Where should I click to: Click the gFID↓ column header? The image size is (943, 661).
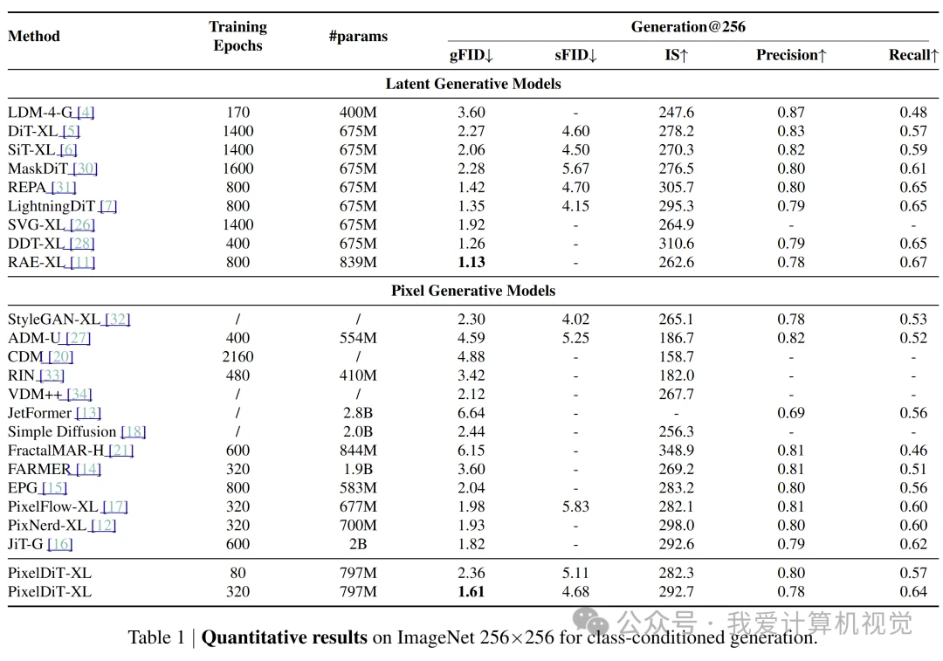coord(471,55)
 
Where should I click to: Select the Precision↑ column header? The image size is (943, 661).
coord(791,55)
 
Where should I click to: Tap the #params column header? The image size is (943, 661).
coord(358,36)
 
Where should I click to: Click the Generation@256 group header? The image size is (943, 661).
coord(688,26)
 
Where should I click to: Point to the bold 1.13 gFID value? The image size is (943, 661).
coord(471,262)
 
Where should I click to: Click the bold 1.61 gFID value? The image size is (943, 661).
coord(471,592)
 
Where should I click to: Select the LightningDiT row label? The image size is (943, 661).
coord(52,206)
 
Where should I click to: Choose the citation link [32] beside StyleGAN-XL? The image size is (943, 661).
coord(117,319)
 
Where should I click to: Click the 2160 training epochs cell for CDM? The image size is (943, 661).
coord(237,356)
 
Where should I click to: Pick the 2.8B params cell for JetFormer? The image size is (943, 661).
coord(358,413)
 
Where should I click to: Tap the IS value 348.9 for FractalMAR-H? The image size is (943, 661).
coord(676,451)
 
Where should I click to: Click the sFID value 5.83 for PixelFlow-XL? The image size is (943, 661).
coord(575,507)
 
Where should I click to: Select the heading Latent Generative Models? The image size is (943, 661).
coord(473,84)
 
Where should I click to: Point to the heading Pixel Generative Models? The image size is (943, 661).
coord(473,291)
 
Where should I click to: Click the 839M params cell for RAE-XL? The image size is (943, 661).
coord(358,262)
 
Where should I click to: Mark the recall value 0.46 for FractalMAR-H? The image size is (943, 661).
coord(913,451)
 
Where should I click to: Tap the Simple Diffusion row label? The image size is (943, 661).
coord(62,432)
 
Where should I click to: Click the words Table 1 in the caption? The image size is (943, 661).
coord(156,637)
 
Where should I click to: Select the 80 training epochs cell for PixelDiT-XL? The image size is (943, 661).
coord(237,573)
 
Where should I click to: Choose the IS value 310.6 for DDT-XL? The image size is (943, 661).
coord(676,244)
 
